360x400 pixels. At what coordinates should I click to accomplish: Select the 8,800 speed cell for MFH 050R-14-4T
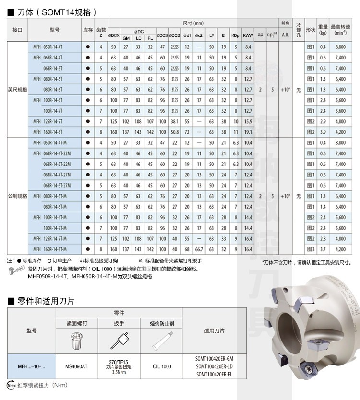pos(340,47)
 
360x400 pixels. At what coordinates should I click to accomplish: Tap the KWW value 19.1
pos(248,131)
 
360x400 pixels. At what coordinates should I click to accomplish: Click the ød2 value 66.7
pos(199,249)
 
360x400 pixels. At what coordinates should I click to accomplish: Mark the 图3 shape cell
pos(310,249)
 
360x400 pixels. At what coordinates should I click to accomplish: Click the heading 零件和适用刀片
pos(43,301)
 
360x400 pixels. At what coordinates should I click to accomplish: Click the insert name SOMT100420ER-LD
pos(214,366)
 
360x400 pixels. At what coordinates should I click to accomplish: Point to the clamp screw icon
pos(77,340)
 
